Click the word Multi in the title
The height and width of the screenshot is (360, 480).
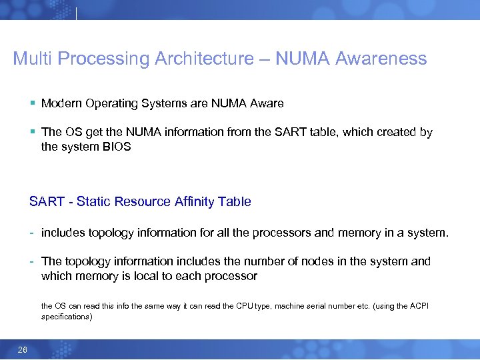(33, 59)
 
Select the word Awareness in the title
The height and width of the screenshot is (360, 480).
(381, 59)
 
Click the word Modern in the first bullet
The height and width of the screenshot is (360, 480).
(62, 103)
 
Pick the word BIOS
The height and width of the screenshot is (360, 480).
(116, 147)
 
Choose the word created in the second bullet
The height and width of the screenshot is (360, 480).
(397, 132)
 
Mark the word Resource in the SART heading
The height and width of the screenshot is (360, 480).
(145, 201)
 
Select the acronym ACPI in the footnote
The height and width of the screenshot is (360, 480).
(419, 306)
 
